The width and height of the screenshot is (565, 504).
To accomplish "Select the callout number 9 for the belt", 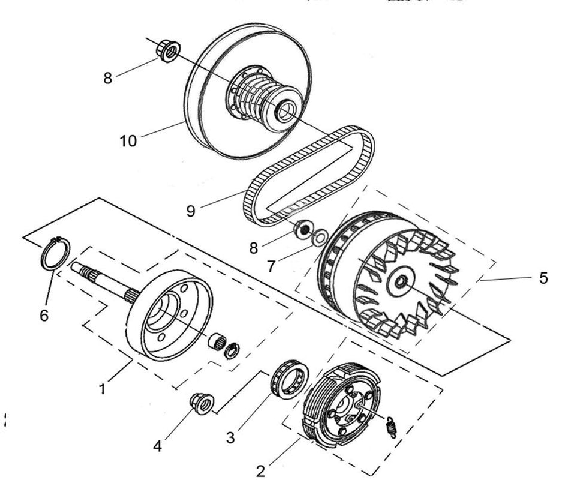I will click(191, 212).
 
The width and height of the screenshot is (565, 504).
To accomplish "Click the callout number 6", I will click(45, 316).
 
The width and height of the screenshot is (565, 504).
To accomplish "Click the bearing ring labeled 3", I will click(290, 379).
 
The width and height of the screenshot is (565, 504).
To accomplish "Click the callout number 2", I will click(260, 472).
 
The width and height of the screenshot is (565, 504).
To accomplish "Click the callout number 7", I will click(272, 266).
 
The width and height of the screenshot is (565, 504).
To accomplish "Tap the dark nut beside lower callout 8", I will click(305, 229).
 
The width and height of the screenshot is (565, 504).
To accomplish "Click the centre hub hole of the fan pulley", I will click(400, 281).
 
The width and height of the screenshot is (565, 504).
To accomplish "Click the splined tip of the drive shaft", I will click(80, 268).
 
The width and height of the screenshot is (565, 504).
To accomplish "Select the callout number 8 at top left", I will click(108, 79).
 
